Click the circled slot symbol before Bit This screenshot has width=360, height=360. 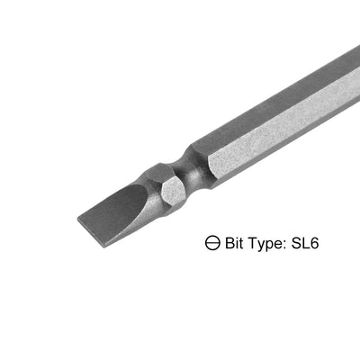pyautogui.click(x=212, y=242)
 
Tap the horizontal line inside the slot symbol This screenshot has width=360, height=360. pyautogui.click(x=212, y=242)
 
